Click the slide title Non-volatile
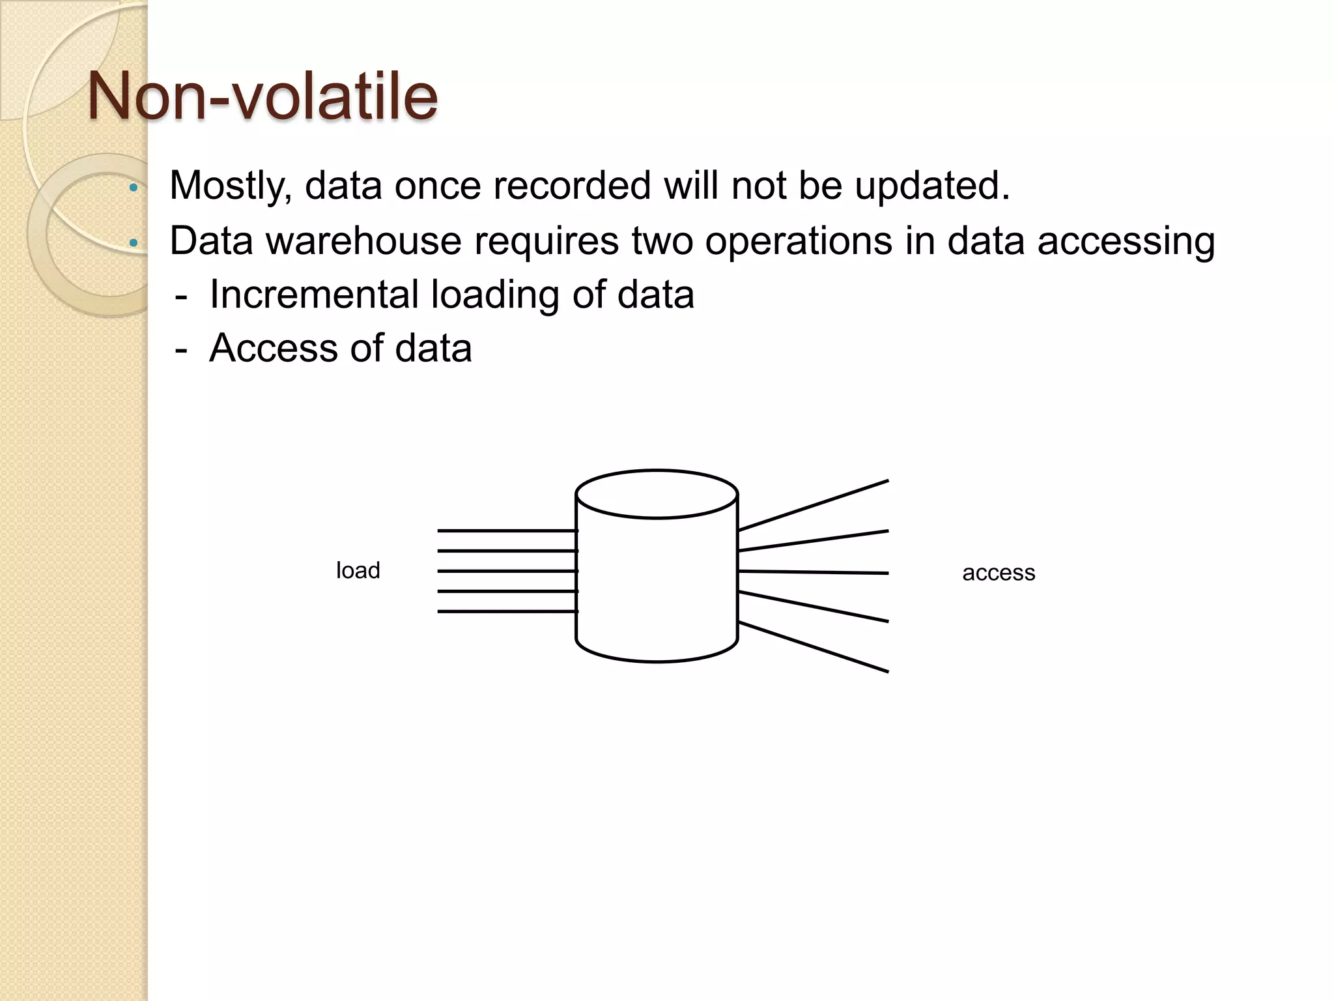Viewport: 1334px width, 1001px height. [x=262, y=96]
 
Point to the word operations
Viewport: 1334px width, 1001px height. [x=799, y=242]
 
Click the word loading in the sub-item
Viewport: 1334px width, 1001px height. [x=494, y=295]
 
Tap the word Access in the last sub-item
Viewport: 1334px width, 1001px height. [x=274, y=348]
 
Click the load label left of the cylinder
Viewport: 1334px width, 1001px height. [x=358, y=571]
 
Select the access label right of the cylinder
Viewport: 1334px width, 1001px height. [x=998, y=573]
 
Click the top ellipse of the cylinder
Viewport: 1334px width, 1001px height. [x=657, y=494]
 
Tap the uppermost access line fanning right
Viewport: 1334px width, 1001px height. [x=814, y=505]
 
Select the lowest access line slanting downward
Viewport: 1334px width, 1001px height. [x=814, y=647]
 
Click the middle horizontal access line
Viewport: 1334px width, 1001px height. [x=814, y=572]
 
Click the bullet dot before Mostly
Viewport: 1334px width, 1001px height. [x=134, y=188]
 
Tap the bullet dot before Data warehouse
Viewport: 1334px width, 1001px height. [x=134, y=243]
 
